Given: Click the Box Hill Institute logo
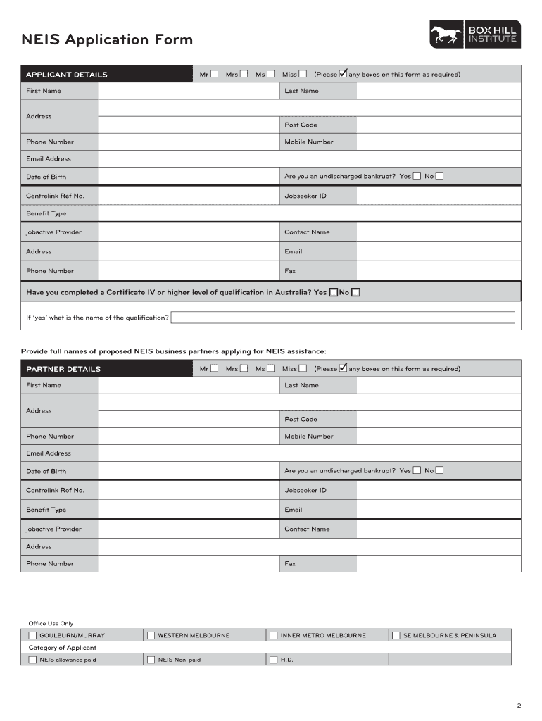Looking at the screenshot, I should point(475,35).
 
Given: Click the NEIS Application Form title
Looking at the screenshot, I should point(106,39).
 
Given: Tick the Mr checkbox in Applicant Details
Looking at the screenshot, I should point(214,74).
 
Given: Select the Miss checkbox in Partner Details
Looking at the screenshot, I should point(303,368).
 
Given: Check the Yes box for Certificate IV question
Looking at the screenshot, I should point(333,293).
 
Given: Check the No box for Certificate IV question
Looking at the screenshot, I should point(356,293).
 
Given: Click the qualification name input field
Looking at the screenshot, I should point(345,318).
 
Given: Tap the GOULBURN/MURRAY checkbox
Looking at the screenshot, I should point(32,635).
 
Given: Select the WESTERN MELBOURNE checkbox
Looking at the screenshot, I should point(151,635).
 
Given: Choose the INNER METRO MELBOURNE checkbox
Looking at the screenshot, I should point(273,635).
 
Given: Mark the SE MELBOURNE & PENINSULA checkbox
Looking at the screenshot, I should point(396,635).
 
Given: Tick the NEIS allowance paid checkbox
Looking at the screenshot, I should point(32,660).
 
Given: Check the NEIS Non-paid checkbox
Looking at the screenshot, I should point(151,660).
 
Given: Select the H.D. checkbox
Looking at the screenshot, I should point(273,660).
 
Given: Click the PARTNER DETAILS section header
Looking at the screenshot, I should point(63,369).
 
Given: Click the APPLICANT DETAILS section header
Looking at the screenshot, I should point(67,75).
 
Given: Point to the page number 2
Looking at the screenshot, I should point(519,706).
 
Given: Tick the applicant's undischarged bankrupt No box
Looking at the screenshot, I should point(440,176).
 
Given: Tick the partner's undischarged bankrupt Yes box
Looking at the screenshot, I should point(417,470).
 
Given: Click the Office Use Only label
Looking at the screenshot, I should point(50,623).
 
